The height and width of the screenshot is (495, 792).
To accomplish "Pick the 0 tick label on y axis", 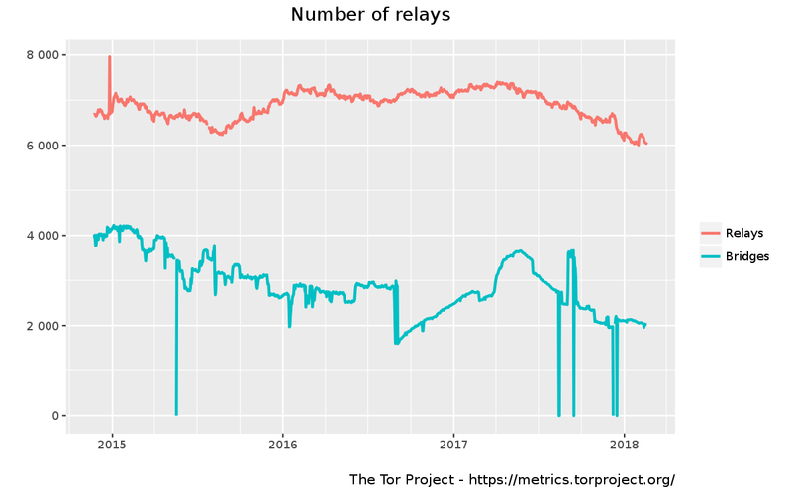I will coord(55,416).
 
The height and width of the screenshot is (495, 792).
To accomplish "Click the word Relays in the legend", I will coord(744,233).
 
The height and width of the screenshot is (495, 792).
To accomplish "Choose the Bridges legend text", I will coord(747,256).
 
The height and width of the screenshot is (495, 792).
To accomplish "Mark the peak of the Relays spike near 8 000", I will coord(109,57).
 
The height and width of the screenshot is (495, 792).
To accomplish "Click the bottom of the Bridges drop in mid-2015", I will coord(176,414).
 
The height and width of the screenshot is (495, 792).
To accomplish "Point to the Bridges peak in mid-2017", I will coord(517,251).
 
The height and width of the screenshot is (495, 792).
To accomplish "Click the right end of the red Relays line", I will coord(646,144).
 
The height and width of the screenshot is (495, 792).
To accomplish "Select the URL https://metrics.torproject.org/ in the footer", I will coord(571,479).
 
